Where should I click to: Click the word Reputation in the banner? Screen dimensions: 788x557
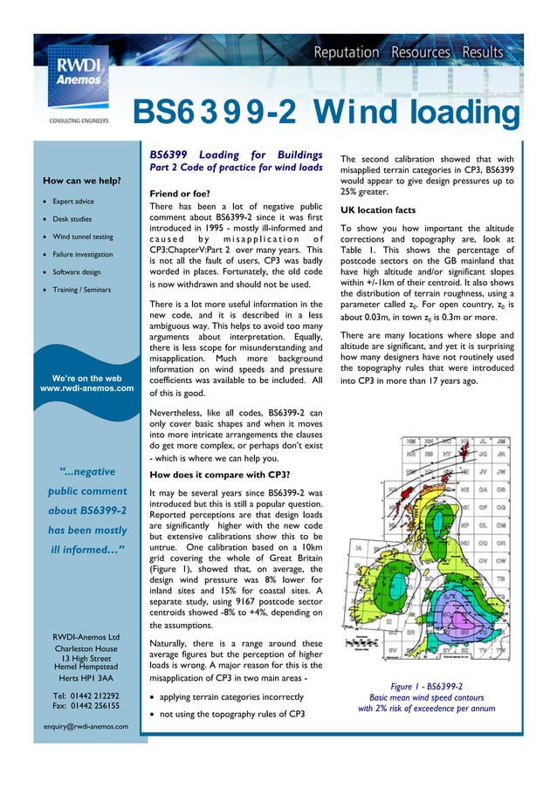(347, 52)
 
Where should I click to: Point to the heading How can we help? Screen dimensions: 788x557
(80, 181)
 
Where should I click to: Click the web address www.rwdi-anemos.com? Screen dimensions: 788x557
(86, 388)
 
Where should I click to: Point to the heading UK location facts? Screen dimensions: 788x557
(384, 210)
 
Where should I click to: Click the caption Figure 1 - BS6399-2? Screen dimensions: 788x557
(426, 686)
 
